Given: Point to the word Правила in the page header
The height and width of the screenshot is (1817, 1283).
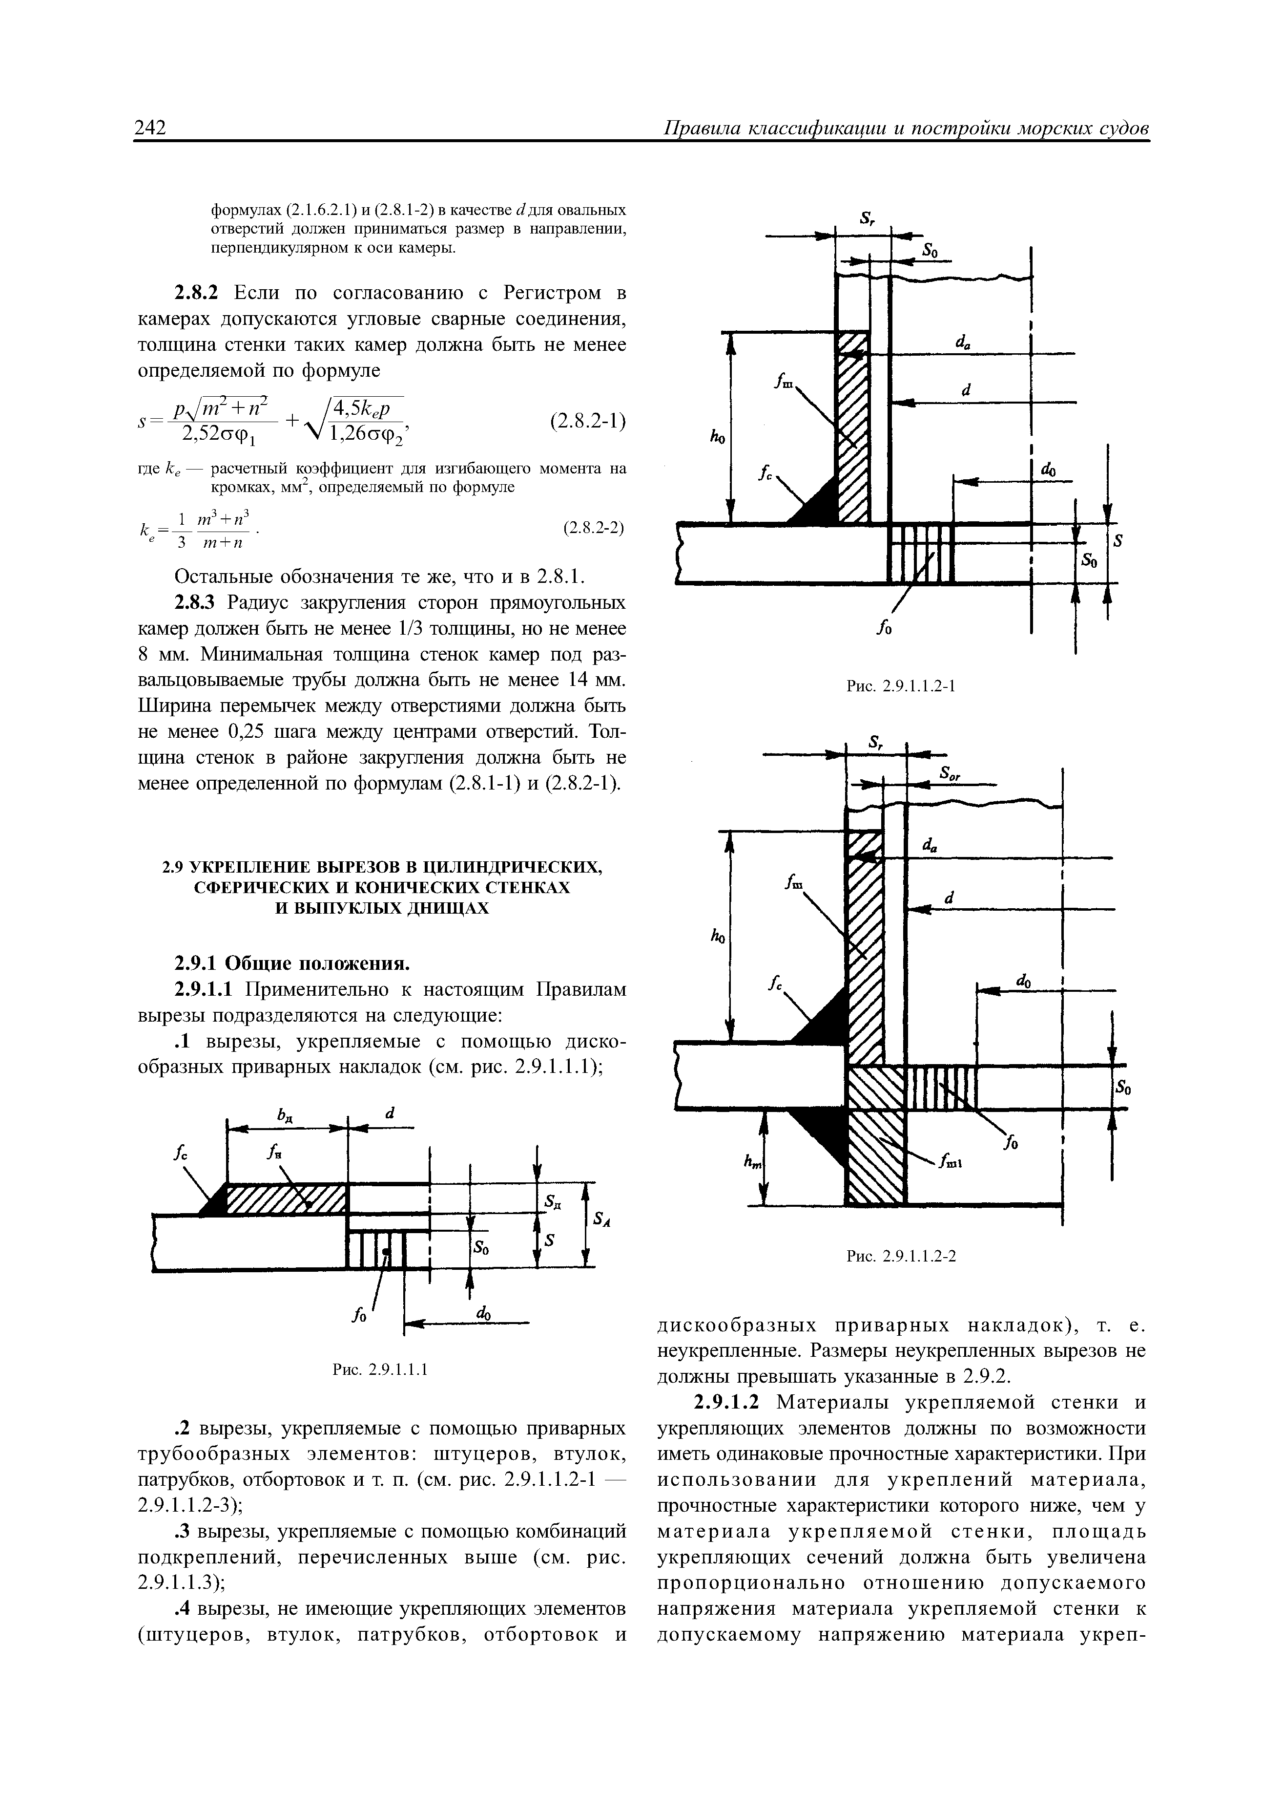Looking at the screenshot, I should tap(701, 128).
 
